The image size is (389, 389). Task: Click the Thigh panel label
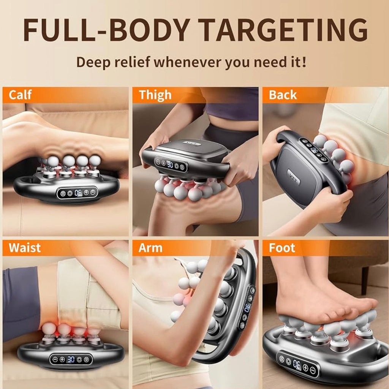tap(155, 95)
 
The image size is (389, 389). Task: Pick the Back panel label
tap(283, 95)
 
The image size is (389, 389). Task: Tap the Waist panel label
tap(25, 248)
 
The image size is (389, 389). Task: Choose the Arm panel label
tap(150, 248)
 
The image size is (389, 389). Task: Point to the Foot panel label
tap(282, 248)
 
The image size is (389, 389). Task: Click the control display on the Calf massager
tap(77, 193)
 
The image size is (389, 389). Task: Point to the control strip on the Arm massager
tap(247, 308)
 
